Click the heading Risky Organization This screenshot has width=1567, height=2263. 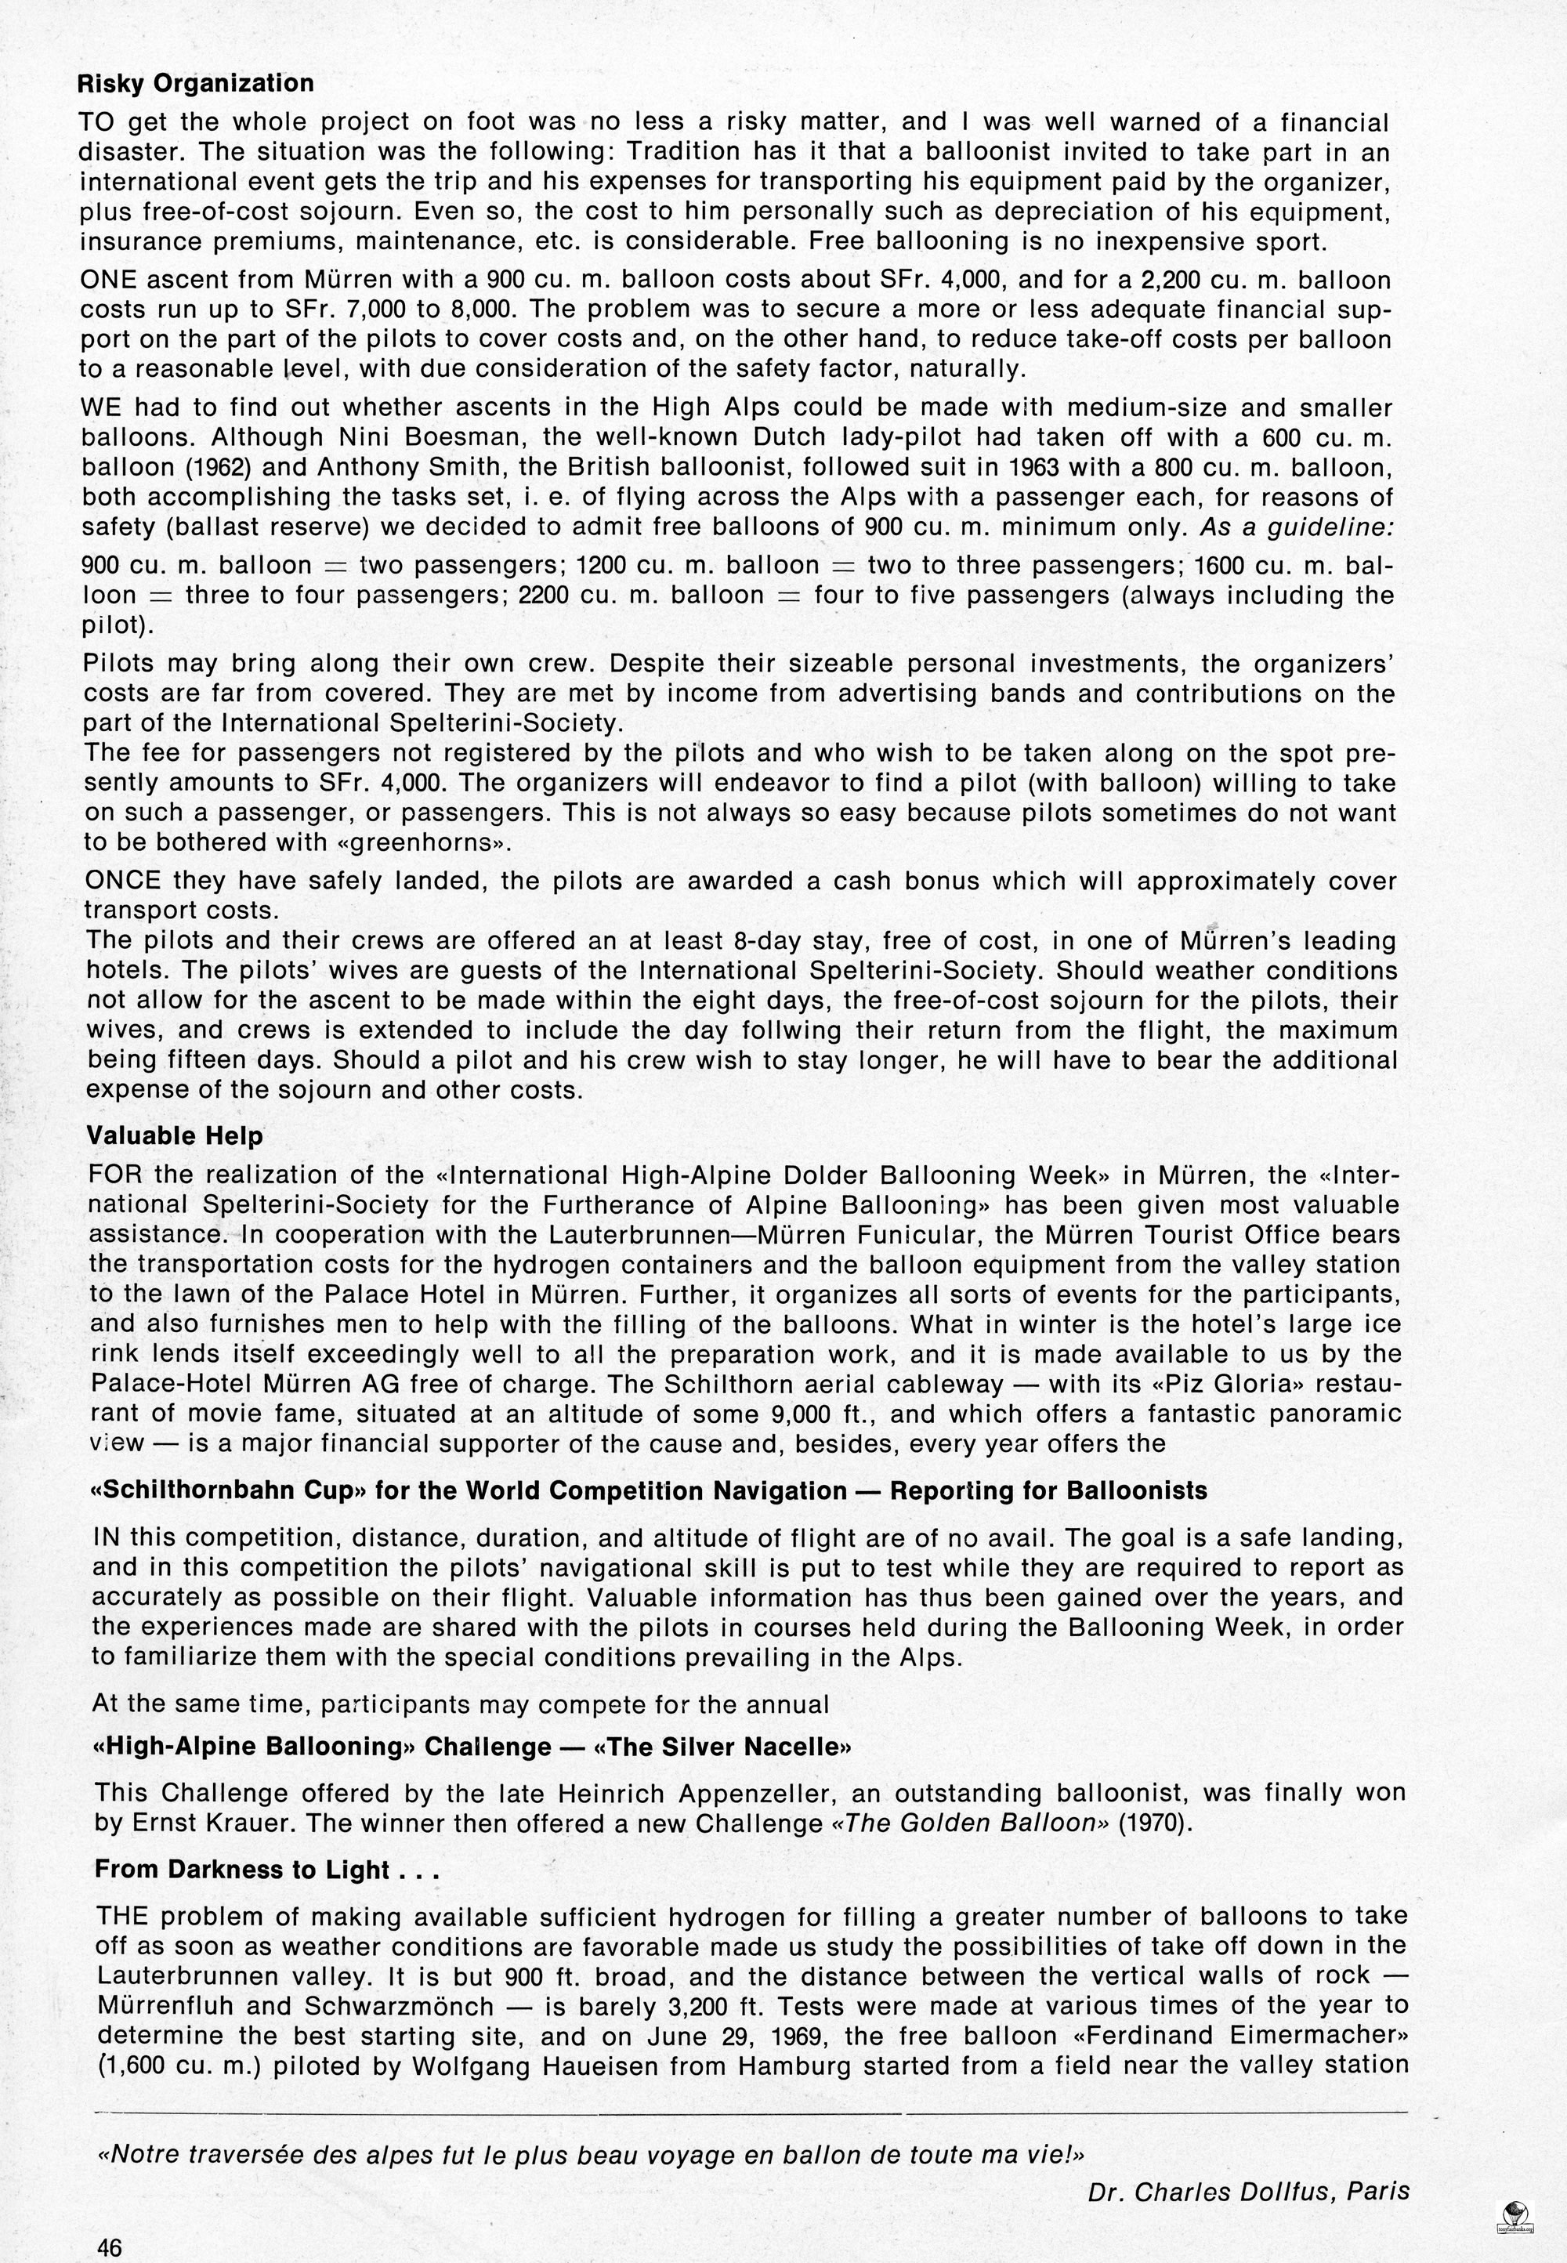click(x=195, y=82)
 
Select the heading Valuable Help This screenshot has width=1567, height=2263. click(x=175, y=1136)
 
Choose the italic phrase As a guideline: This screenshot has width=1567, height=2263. click(x=1298, y=527)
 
